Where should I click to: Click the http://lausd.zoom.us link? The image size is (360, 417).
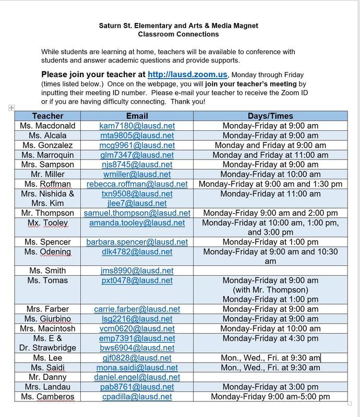[187, 75]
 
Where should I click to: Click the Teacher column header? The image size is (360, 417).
[47, 116]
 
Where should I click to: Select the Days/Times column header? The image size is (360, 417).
[270, 116]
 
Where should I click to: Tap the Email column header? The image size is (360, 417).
[137, 116]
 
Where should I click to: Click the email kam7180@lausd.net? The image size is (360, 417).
[137, 126]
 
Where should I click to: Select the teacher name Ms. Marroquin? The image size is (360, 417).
[47, 155]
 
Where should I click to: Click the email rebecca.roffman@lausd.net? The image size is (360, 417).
[137, 184]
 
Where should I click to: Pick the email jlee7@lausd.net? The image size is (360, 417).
[137, 203]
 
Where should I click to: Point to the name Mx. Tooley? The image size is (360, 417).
[47, 223]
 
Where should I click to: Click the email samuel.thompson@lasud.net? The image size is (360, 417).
[137, 213]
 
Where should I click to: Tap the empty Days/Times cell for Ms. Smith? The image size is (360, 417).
[270, 271]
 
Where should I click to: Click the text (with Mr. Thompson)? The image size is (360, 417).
[270, 290]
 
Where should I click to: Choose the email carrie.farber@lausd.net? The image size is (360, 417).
[137, 309]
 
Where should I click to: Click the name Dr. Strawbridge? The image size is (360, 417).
[47, 348]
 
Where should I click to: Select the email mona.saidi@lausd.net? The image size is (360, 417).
[137, 367]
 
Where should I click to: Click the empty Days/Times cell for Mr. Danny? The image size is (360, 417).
[270, 377]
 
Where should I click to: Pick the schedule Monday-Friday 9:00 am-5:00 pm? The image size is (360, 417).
[270, 397]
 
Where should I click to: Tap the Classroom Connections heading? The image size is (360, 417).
[178, 34]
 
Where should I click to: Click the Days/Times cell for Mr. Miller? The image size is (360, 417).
[270, 174]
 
